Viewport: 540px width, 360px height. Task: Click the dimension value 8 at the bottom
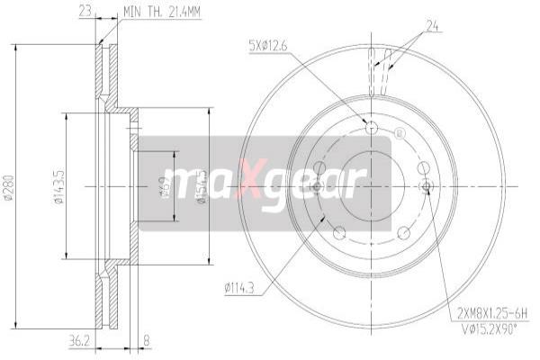click(x=146, y=340)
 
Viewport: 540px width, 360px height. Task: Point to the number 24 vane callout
click(x=432, y=24)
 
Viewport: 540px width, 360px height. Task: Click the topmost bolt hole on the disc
click(x=373, y=127)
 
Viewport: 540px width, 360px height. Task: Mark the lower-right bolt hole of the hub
click(x=404, y=232)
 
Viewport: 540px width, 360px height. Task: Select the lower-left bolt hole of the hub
click(x=339, y=232)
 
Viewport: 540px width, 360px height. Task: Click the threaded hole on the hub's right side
click(x=427, y=187)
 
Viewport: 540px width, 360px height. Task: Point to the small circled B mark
click(x=399, y=136)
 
